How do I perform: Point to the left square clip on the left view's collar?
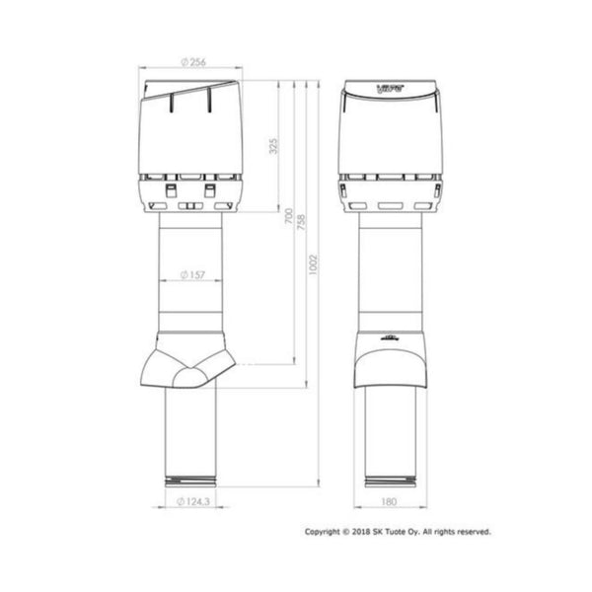[x=169, y=190]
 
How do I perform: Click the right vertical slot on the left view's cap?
[x=209, y=101]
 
